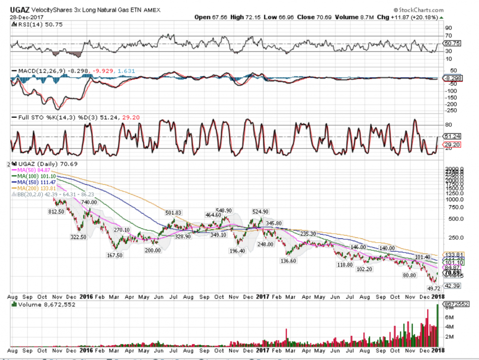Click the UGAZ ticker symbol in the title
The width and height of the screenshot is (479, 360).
tap(19, 11)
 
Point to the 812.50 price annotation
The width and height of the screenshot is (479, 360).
tap(57, 211)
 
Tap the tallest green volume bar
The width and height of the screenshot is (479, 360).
tap(438, 326)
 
